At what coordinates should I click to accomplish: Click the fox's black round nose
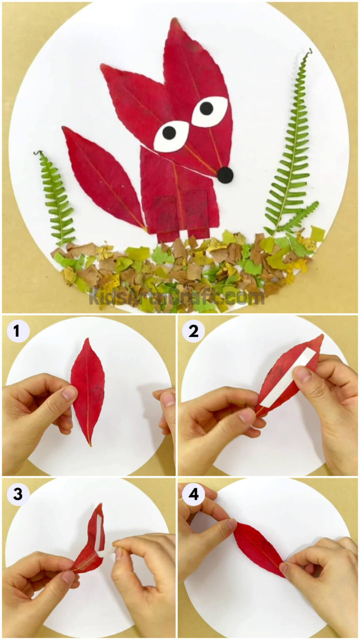pyautogui.click(x=225, y=175)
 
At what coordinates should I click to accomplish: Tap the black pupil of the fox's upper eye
pyautogui.click(x=206, y=108)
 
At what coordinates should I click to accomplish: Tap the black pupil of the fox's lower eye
pyautogui.click(x=169, y=132)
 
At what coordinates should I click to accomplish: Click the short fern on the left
pyautogui.click(x=56, y=198)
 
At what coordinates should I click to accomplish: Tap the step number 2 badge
pyautogui.click(x=193, y=332)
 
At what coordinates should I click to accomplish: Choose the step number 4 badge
pyautogui.click(x=193, y=495)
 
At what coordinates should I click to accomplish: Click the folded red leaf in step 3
pyautogui.click(x=94, y=540)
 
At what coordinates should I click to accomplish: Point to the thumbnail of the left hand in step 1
pyautogui.click(x=69, y=393)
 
